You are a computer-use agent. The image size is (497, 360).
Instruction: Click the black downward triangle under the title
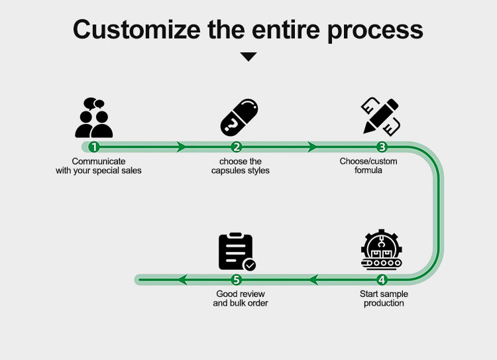(x=248, y=57)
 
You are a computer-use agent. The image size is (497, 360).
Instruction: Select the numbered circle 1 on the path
(x=94, y=147)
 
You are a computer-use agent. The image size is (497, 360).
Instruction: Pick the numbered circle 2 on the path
(x=237, y=147)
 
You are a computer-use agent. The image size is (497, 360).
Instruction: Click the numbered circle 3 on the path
(x=382, y=147)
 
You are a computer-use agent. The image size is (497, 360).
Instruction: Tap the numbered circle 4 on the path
(x=382, y=280)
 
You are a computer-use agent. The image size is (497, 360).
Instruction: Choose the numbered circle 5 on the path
(x=237, y=280)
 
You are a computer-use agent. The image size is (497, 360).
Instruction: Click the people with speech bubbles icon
(x=93, y=117)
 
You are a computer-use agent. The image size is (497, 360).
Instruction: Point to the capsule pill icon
(x=239, y=117)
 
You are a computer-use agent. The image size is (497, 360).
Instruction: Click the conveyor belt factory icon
(x=382, y=251)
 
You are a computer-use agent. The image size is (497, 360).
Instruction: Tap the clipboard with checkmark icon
(x=237, y=251)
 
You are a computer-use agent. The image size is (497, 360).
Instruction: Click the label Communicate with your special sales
(x=99, y=166)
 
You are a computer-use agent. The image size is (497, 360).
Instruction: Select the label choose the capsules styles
(x=240, y=166)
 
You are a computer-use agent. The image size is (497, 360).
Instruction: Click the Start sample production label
(x=384, y=298)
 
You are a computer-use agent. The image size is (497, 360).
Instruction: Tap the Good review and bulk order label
(x=241, y=298)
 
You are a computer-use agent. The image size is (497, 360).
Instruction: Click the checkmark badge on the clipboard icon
(x=250, y=265)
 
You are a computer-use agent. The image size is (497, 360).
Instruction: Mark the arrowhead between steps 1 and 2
(x=181, y=147)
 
